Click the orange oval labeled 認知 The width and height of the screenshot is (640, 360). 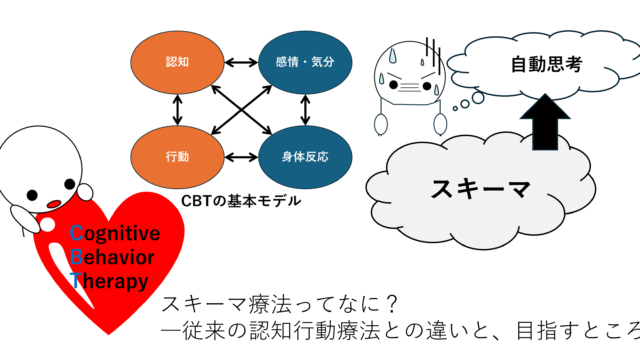(177, 62)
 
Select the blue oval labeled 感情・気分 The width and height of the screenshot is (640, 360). (305, 62)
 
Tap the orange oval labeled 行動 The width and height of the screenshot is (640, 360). (177, 157)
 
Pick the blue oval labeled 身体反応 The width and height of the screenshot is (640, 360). (305, 157)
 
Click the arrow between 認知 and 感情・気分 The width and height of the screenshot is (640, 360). (241, 62)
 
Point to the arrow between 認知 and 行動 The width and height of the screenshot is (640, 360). (177, 110)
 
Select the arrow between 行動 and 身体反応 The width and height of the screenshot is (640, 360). (241, 157)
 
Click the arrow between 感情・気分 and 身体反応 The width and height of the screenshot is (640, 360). (305, 110)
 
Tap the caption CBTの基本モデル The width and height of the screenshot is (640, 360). (241, 201)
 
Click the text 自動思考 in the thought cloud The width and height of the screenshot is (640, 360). (547, 64)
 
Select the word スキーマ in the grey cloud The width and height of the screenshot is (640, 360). (481, 189)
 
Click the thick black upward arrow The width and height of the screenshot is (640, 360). (545, 122)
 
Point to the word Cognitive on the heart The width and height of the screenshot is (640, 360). (115, 233)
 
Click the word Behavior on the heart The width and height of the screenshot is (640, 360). (112, 257)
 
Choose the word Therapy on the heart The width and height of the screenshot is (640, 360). (109, 282)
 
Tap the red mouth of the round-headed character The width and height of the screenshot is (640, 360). (54, 203)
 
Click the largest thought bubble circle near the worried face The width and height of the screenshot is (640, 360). (478, 98)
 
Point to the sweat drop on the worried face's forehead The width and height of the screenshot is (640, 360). (392, 56)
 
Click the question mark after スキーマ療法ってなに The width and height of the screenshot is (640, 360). (391, 304)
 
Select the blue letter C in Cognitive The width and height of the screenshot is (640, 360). (76, 233)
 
